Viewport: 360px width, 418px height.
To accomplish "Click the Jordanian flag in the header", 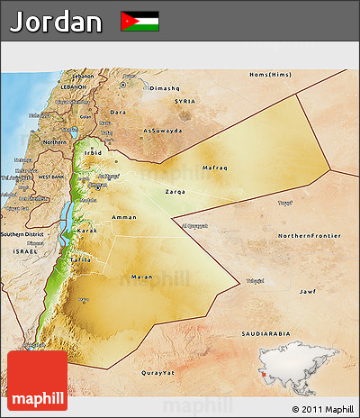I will click(139, 21).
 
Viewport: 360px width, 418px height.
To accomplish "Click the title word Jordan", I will click(56, 22).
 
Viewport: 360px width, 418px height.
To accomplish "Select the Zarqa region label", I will click(176, 192).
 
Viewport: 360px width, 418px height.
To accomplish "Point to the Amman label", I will click(123, 217).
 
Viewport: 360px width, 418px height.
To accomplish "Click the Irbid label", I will click(93, 153).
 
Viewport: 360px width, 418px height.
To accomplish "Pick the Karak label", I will click(87, 231).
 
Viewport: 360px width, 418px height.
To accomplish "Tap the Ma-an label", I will click(140, 276).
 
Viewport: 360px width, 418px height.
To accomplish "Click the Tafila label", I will click(80, 259).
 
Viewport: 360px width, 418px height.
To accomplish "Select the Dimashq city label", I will click(165, 88).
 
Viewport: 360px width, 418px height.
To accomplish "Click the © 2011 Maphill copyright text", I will click(322, 408).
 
